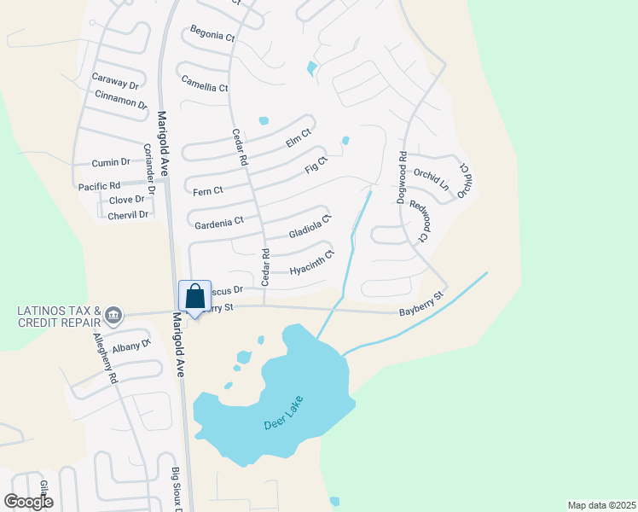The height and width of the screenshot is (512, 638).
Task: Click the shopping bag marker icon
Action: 195,297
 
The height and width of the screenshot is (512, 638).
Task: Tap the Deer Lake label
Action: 283,411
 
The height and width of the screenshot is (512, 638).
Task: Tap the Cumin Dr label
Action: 111,162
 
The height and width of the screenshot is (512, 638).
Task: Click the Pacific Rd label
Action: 99,185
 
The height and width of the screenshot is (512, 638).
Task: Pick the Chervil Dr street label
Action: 128,215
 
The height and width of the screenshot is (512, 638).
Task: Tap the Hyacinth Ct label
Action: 311,263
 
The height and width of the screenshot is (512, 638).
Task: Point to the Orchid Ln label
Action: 431,178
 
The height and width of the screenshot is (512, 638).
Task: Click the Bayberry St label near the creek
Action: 422,305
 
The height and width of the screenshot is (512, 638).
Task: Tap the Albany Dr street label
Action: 131,346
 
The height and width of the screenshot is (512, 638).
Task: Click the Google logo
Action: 28,501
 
